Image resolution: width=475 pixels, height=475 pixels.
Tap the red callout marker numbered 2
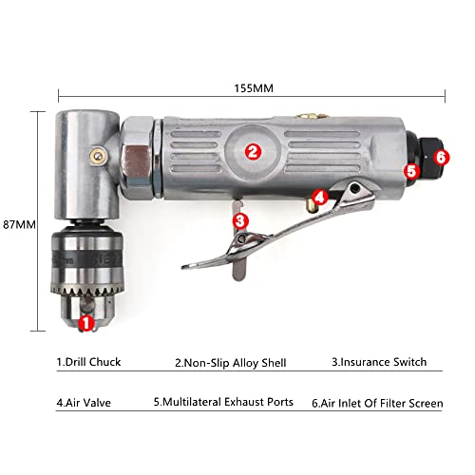pos(252,150)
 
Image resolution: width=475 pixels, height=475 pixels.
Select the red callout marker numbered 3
pos(240,220)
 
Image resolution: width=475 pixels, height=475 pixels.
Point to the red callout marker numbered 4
pos(321,198)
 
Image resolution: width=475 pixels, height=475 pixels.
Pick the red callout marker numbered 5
pos(411,172)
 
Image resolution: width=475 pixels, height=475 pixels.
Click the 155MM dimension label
pos(251,88)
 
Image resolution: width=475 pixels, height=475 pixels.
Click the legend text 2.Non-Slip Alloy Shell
pos(231,362)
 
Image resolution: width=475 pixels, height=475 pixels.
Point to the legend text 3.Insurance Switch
pos(379,362)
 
